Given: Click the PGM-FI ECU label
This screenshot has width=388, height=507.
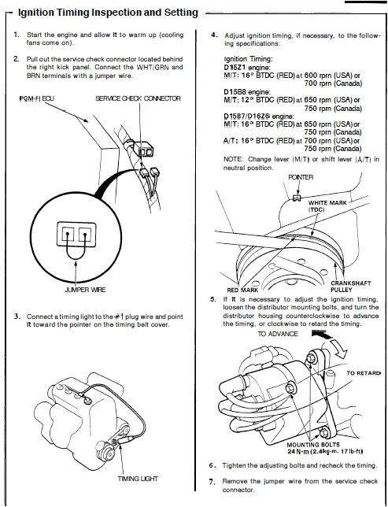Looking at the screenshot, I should point(34,98).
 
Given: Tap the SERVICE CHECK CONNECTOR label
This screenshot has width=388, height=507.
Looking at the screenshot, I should point(139,98).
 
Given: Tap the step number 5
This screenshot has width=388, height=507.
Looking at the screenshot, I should point(214,301).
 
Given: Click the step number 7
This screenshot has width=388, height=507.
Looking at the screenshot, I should point(213,481).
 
